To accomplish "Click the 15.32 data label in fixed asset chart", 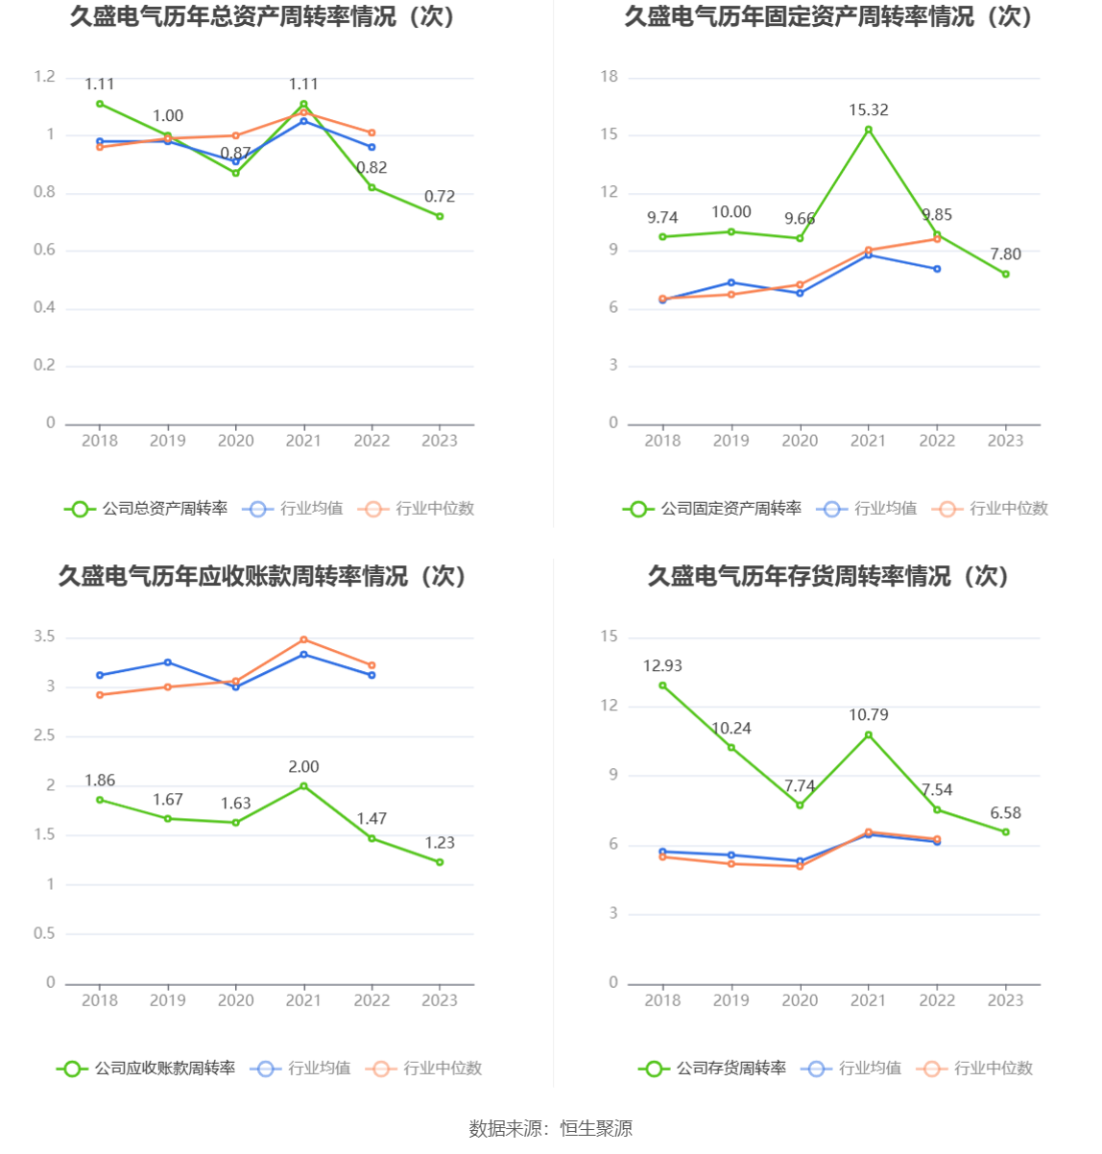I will pyautogui.click(x=868, y=110).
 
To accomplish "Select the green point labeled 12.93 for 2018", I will pyautogui.click(x=662, y=685).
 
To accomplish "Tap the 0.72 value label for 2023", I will pyautogui.click(x=440, y=197).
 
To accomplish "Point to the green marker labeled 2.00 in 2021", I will pyautogui.click(x=303, y=786).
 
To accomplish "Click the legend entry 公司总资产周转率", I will pyautogui.click(x=147, y=509).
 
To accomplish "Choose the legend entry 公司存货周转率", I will pyautogui.click(x=713, y=1069).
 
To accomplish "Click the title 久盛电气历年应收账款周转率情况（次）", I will pyautogui.click(x=263, y=576).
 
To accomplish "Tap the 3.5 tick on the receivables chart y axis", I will pyautogui.click(x=44, y=637).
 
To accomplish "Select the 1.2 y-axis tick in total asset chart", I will pyautogui.click(x=44, y=77).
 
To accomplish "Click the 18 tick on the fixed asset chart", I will pyautogui.click(x=609, y=77).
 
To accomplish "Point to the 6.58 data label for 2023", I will pyautogui.click(x=1005, y=813).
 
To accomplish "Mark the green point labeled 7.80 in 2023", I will pyautogui.click(x=1005, y=275).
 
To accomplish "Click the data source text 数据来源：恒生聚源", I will pyautogui.click(x=551, y=1129).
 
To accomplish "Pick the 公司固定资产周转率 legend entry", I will pyautogui.click(x=712, y=509).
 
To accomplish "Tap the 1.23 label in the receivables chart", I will pyautogui.click(x=440, y=843).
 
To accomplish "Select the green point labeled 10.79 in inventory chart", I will pyautogui.click(x=868, y=735).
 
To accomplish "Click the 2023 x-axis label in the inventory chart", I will pyautogui.click(x=1005, y=1000).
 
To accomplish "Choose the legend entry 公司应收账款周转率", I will pyautogui.click(x=147, y=1069).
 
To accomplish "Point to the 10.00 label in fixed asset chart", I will pyautogui.click(x=731, y=212).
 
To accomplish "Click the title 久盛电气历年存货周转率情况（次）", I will pyautogui.click(x=828, y=576).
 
